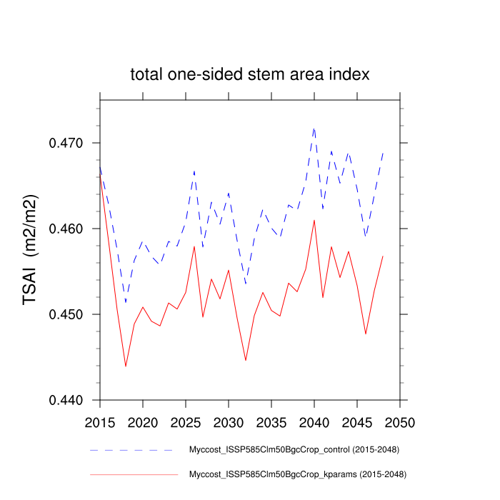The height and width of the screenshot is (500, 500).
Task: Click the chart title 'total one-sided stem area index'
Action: tap(249, 74)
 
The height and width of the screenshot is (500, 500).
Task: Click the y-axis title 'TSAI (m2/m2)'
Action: tap(31, 250)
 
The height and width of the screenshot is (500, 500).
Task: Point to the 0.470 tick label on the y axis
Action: tap(66, 143)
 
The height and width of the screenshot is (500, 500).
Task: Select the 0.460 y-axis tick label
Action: tap(66, 229)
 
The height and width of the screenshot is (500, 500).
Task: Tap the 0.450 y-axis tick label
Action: tap(66, 314)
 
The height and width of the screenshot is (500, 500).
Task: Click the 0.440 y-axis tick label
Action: tap(66, 400)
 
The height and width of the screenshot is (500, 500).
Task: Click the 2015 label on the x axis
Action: tap(100, 421)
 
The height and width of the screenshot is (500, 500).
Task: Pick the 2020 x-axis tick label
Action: tap(143, 421)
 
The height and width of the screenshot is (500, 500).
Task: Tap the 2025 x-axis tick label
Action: tap(186, 421)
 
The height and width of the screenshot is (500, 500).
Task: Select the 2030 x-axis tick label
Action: tap(229, 421)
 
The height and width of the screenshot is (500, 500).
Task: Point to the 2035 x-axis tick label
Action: tap(271, 421)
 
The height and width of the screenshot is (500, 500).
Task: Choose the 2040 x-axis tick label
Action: tap(314, 421)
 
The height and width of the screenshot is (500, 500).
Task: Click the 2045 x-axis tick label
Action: tap(357, 421)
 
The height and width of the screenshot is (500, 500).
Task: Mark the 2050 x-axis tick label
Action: tap(400, 421)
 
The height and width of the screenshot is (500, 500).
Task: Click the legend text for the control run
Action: tap(294, 450)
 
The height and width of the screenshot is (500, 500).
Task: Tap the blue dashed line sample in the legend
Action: tap(133, 450)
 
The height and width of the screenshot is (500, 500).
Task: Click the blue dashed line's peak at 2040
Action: tap(314, 129)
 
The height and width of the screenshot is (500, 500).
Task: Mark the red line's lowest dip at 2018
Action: tap(126, 366)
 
